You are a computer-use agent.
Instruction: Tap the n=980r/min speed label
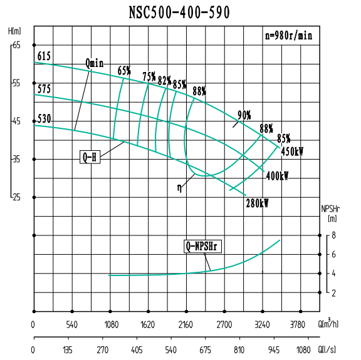click(x=288, y=36)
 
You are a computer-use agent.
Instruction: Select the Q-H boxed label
click(x=90, y=157)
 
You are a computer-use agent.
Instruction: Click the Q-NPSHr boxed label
click(x=204, y=246)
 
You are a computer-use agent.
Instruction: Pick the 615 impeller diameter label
click(x=44, y=57)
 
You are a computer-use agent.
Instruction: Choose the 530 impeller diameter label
click(x=44, y=118)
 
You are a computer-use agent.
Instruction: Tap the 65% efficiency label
click(x=124, y=70)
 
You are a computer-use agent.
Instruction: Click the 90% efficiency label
click(x=244, y=115)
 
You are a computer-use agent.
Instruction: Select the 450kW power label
click(x=292, y=152)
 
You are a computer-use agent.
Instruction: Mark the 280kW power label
click(x=258, y=203)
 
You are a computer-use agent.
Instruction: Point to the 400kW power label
click(x=277, y=176)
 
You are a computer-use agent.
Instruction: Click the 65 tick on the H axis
click(x=16, y=45)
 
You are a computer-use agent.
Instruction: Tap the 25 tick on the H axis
click(x=16, y=197)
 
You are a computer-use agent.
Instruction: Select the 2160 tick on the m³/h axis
click(x=186, y=324)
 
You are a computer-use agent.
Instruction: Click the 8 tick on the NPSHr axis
click(x=334, y=235)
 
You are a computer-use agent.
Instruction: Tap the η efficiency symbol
click(x=179, y=187)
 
